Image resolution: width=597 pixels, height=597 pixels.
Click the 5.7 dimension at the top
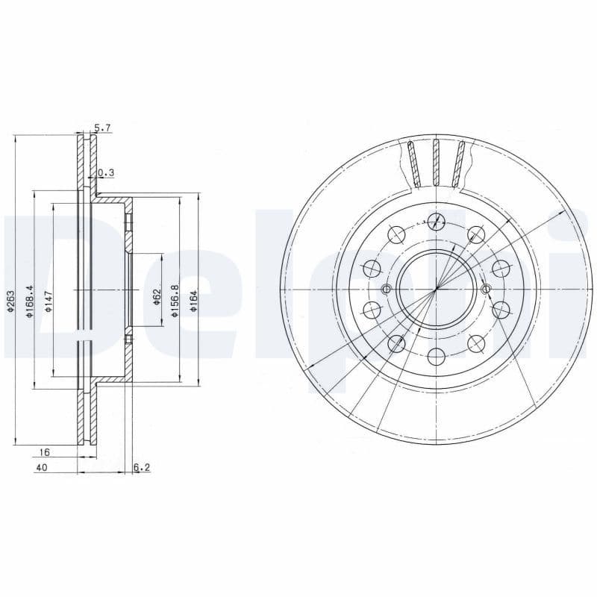pos(102,128)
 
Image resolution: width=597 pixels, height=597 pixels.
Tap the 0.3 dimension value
pos(106,173)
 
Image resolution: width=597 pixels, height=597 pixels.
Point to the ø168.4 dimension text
pos(30,301)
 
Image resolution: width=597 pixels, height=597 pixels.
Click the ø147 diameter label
pos(49,301)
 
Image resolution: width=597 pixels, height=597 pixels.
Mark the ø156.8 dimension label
pos(175,301)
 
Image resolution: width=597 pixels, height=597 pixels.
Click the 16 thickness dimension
pos(44,452)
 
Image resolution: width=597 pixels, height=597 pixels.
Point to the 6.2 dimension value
pos(142,468)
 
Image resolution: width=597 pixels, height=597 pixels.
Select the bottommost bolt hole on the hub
pos(435,357)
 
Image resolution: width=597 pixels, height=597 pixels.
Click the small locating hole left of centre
pos(386,290)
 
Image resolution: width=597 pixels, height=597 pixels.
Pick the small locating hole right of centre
pos(485,290)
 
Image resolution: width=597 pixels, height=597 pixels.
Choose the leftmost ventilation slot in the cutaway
pos(413,164)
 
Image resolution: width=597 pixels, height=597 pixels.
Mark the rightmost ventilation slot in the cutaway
pos(459,163)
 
